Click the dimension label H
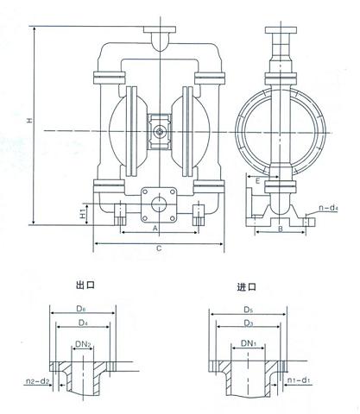(x=29, y=120)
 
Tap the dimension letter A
(x=155, y=228)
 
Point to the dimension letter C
(x=159, y=248)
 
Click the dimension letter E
(x=258, y=181)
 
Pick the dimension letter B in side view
(x=281, y=229)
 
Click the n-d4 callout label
(x=328, y=208)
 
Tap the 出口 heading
(x=85, y=285)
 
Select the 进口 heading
(x=247, y=287)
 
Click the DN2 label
(x=83, y=343)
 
